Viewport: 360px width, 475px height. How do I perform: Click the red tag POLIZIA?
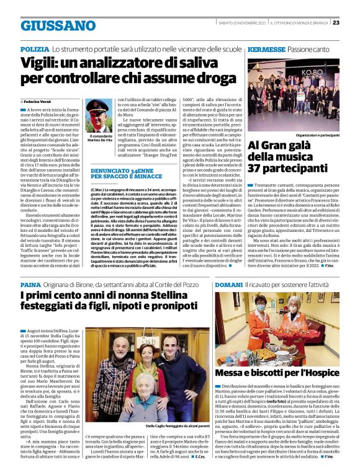point(35,48)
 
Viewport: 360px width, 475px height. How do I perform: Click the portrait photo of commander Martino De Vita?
point(103,115)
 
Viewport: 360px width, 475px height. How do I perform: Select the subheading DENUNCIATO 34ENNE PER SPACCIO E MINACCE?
point(121,173)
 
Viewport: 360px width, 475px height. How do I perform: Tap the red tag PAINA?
point(30,283)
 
